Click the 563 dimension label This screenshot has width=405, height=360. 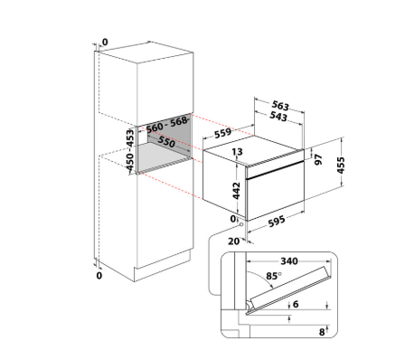[x=280, y=106]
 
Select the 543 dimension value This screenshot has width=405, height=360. [x=278, y=117]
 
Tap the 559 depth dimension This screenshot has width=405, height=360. [x=223, y=133]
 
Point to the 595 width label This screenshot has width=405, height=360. [x=277, y=221]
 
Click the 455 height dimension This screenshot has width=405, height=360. [x=341, y=166]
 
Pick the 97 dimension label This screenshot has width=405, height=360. [x=318, y=159]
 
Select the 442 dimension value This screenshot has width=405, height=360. [x=236, y=191]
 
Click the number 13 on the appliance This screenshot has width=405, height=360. [x=237, y=152]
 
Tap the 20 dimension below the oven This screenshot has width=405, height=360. [x=233, y=242]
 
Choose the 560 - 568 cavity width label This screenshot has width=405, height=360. [x=166, y=124]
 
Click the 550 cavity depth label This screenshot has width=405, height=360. [x=166, y=141]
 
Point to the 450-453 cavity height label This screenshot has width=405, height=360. [x=130, y=150]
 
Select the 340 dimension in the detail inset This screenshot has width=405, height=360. [x=289, y=261]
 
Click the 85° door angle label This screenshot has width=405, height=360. [x=274, y=276]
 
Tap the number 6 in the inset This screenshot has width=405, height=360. [x=296, y=304]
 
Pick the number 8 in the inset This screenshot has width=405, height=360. [x=322, y=332]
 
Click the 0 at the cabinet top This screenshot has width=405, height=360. [x=105, y=42]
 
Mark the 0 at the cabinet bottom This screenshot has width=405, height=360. [x=99, y=275]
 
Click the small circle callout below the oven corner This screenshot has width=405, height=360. [x=241, y=224]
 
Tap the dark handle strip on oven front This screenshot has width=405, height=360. [x=275, y=170]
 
